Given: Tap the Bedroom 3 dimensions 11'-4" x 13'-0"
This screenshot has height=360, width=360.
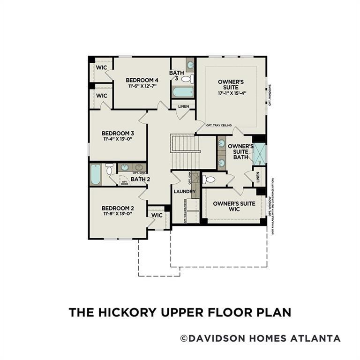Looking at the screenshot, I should coord(118,139).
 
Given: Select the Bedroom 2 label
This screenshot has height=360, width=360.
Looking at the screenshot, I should coord(118,208).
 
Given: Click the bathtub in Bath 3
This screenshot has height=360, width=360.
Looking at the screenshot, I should coord(182,91).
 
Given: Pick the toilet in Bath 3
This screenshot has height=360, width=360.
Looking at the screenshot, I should coord(187,79).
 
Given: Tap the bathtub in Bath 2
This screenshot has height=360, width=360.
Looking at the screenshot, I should coord(96,174).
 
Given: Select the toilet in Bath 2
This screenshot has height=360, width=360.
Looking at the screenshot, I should coord(109,168).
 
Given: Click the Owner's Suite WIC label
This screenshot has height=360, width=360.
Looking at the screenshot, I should coord(234,206).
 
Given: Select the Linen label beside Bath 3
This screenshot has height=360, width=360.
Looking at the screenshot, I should coord(183,106).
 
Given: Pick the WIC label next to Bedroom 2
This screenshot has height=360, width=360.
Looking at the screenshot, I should coord(157,216).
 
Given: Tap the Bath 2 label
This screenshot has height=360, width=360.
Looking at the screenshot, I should coord(140,179).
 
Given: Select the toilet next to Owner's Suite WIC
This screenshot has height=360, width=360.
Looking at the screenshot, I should coord(209,179).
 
